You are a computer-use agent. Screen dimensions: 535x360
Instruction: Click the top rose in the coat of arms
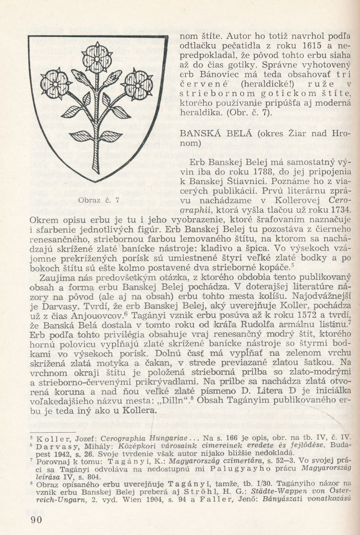pyautogui.click(x=97, y=52)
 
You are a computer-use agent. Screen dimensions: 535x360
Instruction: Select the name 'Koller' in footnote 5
pyautogui.click(x=53, y=437)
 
